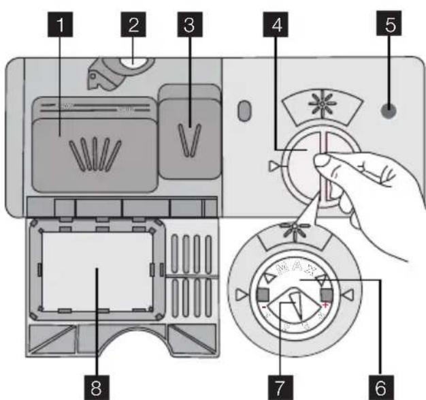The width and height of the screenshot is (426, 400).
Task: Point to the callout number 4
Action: coord(278,27)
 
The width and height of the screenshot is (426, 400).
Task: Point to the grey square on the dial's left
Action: coord(263,294)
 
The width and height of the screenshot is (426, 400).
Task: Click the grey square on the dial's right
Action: coord(325,294)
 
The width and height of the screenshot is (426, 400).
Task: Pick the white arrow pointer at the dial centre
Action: coord(294,305)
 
